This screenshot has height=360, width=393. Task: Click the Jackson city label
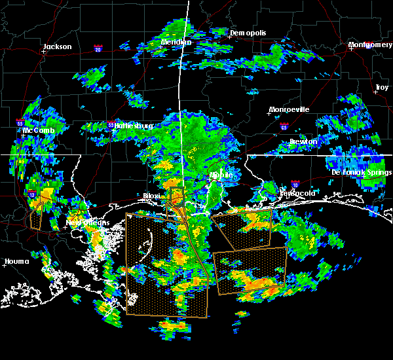[56, 46]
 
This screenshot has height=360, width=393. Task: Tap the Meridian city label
[177, 43]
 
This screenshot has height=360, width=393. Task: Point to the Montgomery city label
[370, 45]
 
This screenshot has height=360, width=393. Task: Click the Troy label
[381, 87]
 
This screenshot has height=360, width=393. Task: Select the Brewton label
[303, 141]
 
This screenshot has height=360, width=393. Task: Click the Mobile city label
[221, 175]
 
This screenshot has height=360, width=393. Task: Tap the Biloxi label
[152, 196]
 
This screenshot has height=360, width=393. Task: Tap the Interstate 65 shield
[283, 126]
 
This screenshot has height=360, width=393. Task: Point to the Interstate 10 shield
[295, 185]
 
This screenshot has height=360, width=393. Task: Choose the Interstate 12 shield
[31, 194]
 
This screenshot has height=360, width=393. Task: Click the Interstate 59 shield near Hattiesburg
[111, 124]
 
